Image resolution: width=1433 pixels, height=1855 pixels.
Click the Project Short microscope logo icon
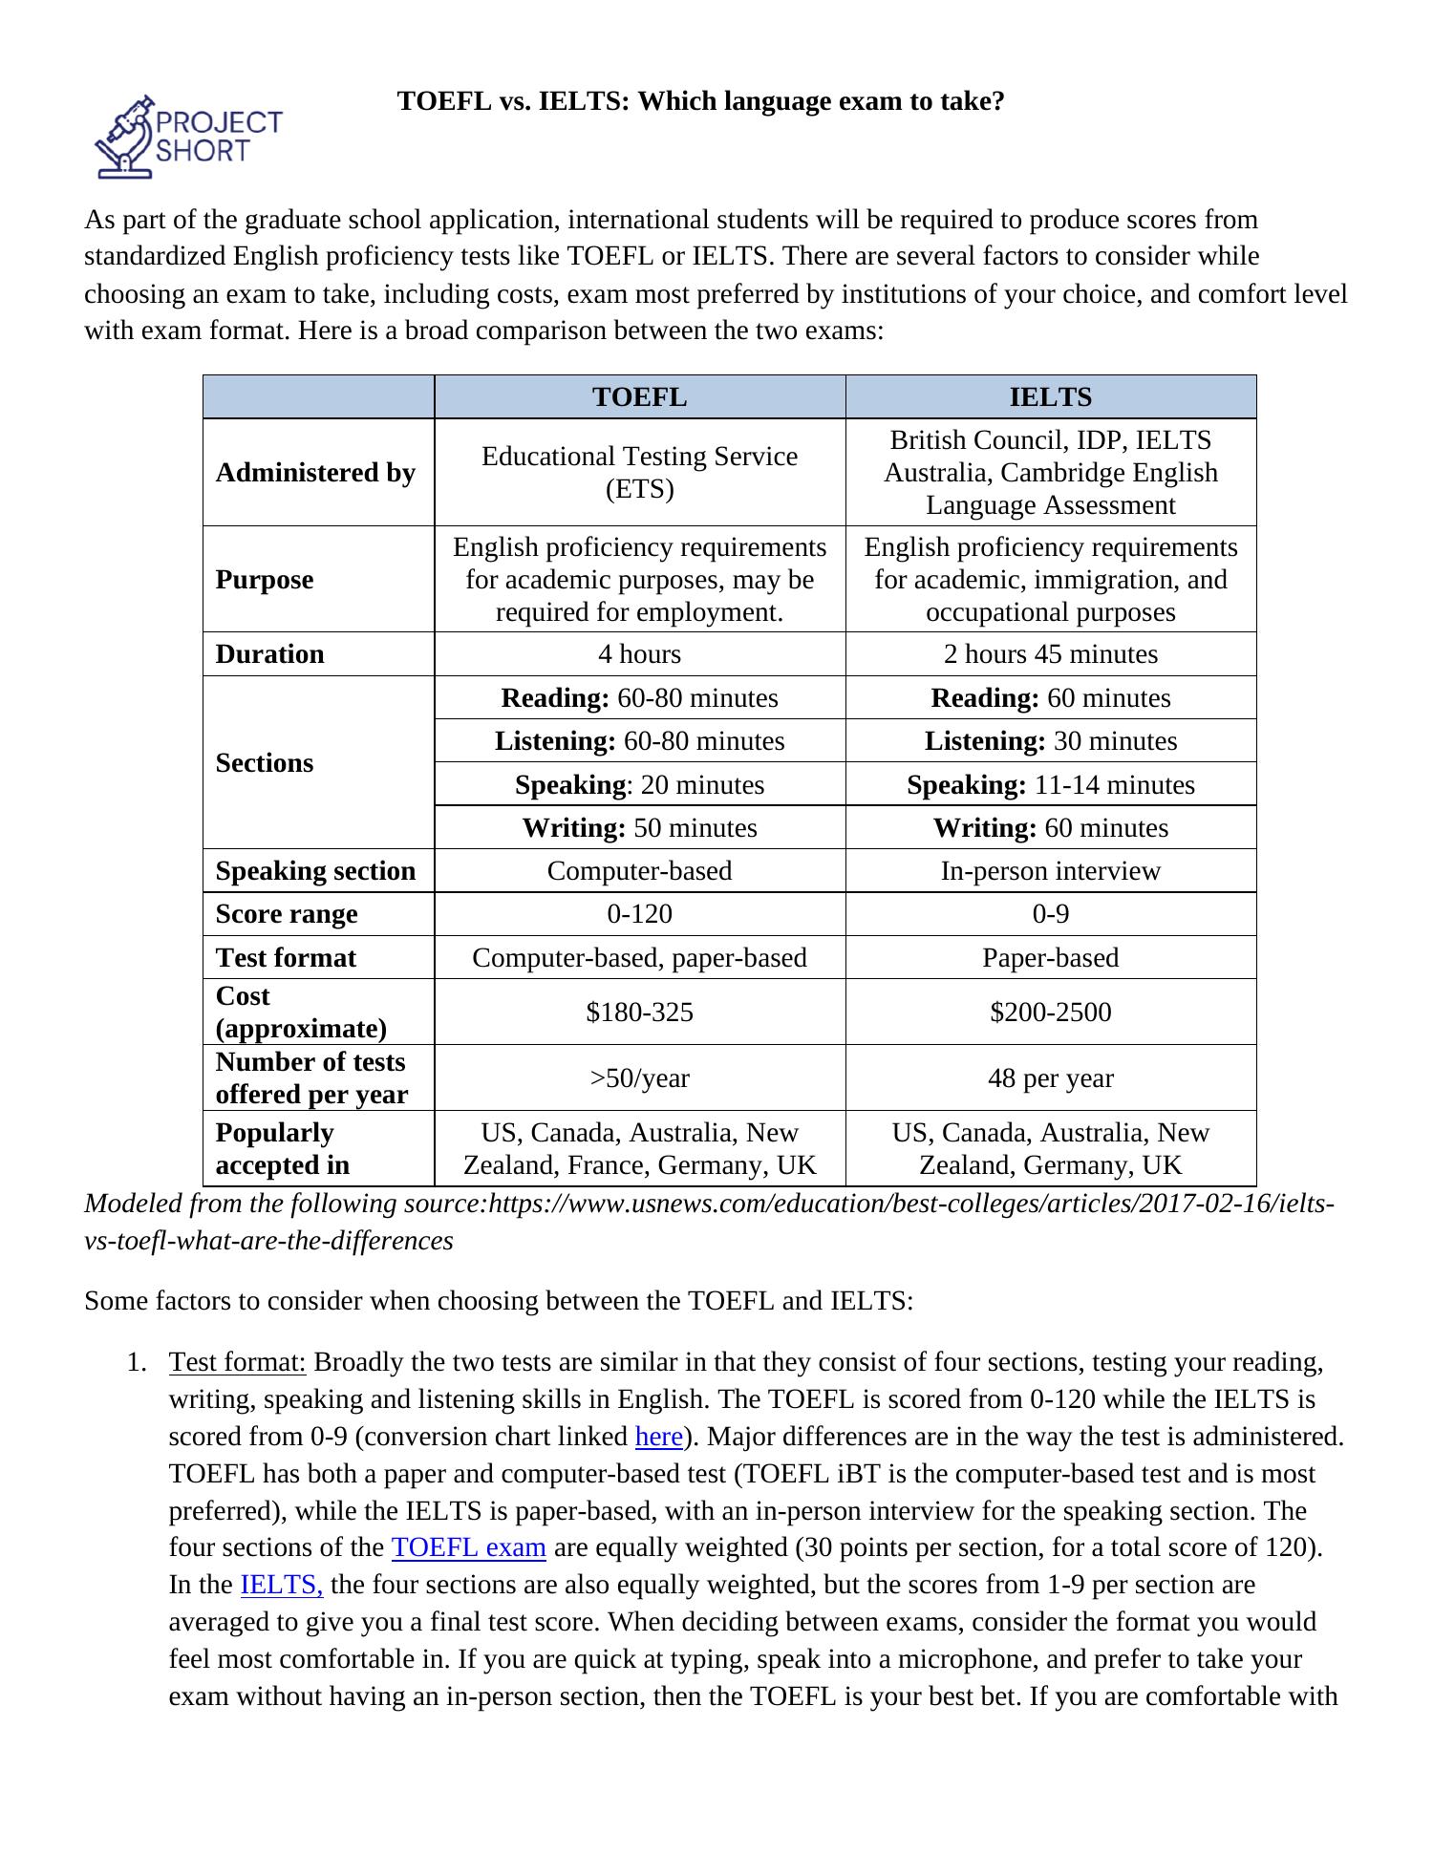pos(125,138)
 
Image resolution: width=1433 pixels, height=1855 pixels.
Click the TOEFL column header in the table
pos(639,397)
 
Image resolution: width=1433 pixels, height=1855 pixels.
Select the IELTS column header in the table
pos(1050,397)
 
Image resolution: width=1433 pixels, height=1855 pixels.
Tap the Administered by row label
pos(315,473)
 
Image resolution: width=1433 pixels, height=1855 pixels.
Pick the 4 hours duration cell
pos(639,654)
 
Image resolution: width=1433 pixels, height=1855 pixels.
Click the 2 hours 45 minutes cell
pos(1050,654)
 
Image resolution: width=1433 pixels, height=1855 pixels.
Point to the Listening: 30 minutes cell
pos(1050,741)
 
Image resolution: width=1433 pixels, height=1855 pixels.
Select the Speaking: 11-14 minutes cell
pos(1050,785)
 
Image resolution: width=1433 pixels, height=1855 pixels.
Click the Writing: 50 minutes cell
pos(639,828)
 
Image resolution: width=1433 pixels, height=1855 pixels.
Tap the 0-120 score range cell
pos(639,914)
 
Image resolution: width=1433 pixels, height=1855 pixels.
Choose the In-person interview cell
pos(1050,871)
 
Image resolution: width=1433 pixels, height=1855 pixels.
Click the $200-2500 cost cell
pos(1050,1013)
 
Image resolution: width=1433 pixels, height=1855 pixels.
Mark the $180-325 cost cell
pos(639,1013)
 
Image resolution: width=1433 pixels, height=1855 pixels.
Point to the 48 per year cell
pos(1050,1078)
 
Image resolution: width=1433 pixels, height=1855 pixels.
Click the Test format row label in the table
pos(286,958)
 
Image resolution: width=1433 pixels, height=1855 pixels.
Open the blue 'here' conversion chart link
pos(658,1437)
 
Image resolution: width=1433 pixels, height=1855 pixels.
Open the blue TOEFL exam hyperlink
pos(468,1547)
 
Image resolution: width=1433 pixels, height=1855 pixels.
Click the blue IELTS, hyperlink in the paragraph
pos(281,1585)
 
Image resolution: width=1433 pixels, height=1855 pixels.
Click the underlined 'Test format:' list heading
pos(237,1362)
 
